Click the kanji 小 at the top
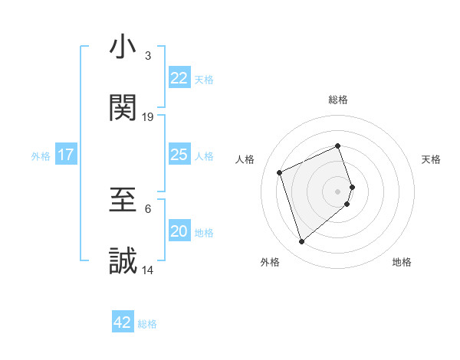click(123, 47)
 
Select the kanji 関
click(123, 108)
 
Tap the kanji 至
click(123, 201)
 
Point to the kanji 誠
click(123, 262)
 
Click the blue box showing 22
click(179, 78)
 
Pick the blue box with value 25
click(179, 155)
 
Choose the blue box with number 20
click(179, 232)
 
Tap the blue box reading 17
click(66, 155)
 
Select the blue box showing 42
click(123, 322)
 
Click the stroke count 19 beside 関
click(148, 117)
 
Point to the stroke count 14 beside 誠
click(148, 270)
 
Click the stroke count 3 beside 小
click(148, 56)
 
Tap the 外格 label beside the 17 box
click(41, 156)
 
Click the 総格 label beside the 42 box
click(147, 324)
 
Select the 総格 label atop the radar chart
click(338, 100)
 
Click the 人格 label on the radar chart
click(245, 159)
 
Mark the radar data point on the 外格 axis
click(301, 242)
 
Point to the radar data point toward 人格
click(280, 172)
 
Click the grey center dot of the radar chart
click(338, 191)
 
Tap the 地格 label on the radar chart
click(402, 262)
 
